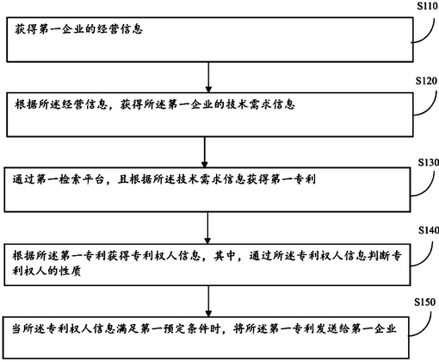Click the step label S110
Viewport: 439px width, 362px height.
pos(428,6)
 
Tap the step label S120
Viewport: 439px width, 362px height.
pos(427,81)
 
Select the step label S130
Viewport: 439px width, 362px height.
pos(429,163)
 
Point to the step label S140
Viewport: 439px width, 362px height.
pos(429,230)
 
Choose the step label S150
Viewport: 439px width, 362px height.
pos(425,302)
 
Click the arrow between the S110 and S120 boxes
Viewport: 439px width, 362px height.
pos(208,77)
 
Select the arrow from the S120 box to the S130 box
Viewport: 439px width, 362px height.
pos(205,153)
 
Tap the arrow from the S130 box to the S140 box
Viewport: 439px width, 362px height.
pos(207,228)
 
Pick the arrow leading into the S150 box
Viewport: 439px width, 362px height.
pos(208,301)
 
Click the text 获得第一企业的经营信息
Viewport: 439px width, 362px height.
pos(78,29)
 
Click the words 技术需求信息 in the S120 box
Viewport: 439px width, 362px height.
pos(260,104)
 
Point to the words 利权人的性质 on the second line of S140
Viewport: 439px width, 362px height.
pos(46,271)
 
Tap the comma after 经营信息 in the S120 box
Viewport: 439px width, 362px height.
pos(112,108)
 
